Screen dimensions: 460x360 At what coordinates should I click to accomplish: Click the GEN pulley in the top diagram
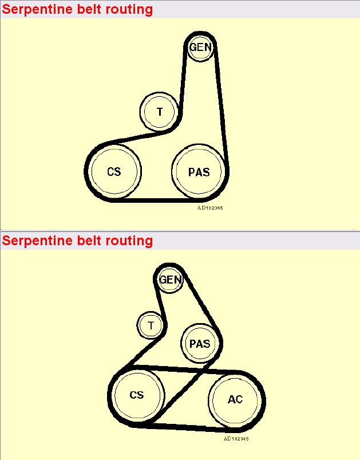(200, 48)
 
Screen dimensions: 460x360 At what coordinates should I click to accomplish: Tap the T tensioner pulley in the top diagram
(160, 112)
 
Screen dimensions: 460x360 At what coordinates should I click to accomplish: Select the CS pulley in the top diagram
(114, 171)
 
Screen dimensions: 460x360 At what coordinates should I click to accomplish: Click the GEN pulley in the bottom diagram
(171, 280)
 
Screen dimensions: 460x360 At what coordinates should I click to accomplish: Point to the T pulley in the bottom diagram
(151, 326)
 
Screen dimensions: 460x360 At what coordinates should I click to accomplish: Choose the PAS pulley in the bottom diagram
(199, 344)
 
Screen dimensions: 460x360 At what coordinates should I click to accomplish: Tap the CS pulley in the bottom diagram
(136, 395)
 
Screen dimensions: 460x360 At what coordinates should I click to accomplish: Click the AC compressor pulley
(235, 399)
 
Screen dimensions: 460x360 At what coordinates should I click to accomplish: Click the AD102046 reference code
(210, 208)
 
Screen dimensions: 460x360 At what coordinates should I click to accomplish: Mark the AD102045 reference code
(236, 438)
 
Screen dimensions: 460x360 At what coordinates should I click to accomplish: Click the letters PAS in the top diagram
(199, 172)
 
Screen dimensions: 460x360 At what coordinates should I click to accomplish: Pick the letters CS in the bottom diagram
(136, 395)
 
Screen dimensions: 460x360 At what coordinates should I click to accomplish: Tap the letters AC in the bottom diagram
(235, 399)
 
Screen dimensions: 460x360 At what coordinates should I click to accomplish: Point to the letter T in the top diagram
(160, 112)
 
